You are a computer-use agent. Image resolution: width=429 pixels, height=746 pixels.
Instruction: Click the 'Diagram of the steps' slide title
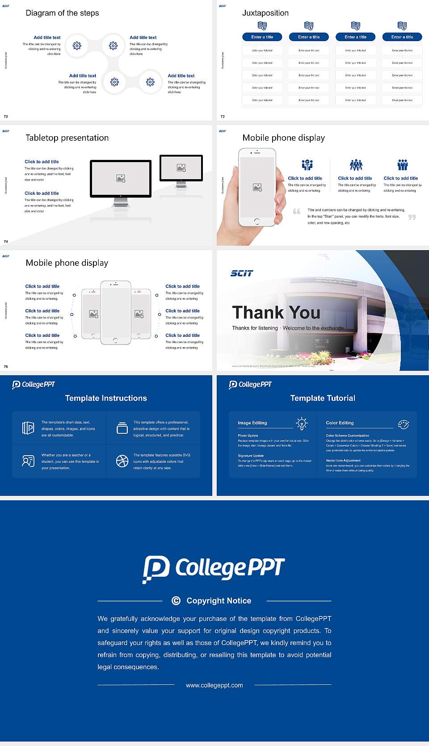(62, 13)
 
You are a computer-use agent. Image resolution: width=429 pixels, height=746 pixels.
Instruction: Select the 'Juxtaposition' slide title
(265, 13)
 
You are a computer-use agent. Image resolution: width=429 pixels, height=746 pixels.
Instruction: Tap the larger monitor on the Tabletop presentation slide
(121, 179)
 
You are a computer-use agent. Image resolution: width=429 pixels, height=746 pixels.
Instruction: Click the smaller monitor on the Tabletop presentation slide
(181, 168)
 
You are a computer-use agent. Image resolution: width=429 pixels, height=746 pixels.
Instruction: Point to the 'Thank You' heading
(276, 313)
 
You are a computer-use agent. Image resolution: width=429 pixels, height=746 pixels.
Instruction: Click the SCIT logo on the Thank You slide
(242, 273)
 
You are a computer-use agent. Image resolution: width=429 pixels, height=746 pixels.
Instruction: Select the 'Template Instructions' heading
(106, 398)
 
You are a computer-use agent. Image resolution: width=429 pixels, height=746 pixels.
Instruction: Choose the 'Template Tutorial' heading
(323, 398)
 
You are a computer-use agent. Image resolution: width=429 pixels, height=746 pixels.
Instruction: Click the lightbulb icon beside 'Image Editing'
(302, 423)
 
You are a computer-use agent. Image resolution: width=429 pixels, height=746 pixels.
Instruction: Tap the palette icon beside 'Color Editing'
(404, 424)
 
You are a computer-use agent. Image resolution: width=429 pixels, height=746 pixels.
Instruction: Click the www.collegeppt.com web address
(214, 685)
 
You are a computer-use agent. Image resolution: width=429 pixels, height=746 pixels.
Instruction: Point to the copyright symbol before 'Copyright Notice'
(176, 601)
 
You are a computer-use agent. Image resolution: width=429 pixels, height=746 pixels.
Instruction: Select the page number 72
(6, 117)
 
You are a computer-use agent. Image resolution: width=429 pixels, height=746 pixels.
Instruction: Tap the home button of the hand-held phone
(257, 221)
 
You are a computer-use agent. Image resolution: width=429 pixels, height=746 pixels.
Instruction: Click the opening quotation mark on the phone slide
(296, 211)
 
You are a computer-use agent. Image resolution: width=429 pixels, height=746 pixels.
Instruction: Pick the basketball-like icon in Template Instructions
(122, 461)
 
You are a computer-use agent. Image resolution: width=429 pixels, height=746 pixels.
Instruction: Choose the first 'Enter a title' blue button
(262, 37)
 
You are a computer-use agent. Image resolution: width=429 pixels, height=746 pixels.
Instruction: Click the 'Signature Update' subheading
(251, 456)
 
